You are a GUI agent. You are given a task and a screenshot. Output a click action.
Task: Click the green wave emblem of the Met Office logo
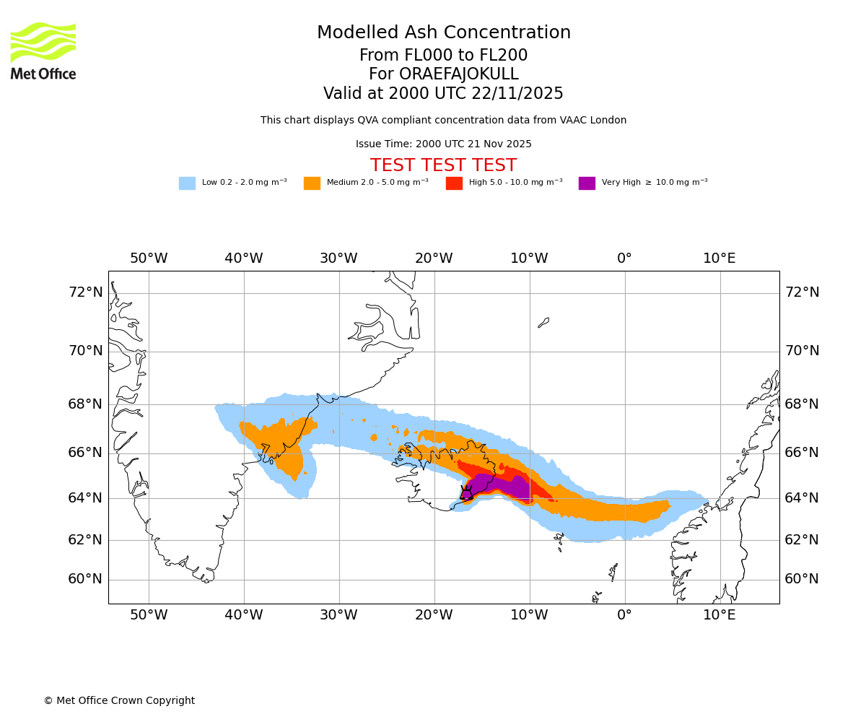coord(43,42)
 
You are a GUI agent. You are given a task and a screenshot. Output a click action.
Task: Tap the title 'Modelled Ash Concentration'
coord(444,33)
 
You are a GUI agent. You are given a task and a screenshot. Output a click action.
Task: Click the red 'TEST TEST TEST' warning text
coord(444,165)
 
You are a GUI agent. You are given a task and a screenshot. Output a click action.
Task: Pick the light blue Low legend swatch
coord(187,183)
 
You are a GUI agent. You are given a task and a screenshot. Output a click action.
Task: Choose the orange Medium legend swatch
coord(312,183)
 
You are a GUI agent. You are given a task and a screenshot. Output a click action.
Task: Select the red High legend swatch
coord(454,183)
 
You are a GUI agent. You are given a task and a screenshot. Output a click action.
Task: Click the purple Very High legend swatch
coord(587,183)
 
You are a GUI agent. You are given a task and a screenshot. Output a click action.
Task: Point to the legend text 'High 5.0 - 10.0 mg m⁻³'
coord(515,183)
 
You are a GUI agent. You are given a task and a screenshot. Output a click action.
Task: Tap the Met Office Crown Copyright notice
coord(119,701)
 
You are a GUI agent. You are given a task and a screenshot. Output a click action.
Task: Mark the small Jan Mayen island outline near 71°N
coord(543,323)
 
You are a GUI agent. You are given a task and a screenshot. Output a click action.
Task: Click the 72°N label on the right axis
coord(802,292)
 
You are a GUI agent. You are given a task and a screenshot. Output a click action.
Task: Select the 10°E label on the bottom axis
coord(720,615)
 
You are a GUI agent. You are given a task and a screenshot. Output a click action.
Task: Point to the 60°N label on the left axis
coord(85,579)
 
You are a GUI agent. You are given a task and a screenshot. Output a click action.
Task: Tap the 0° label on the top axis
coord(624,258)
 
